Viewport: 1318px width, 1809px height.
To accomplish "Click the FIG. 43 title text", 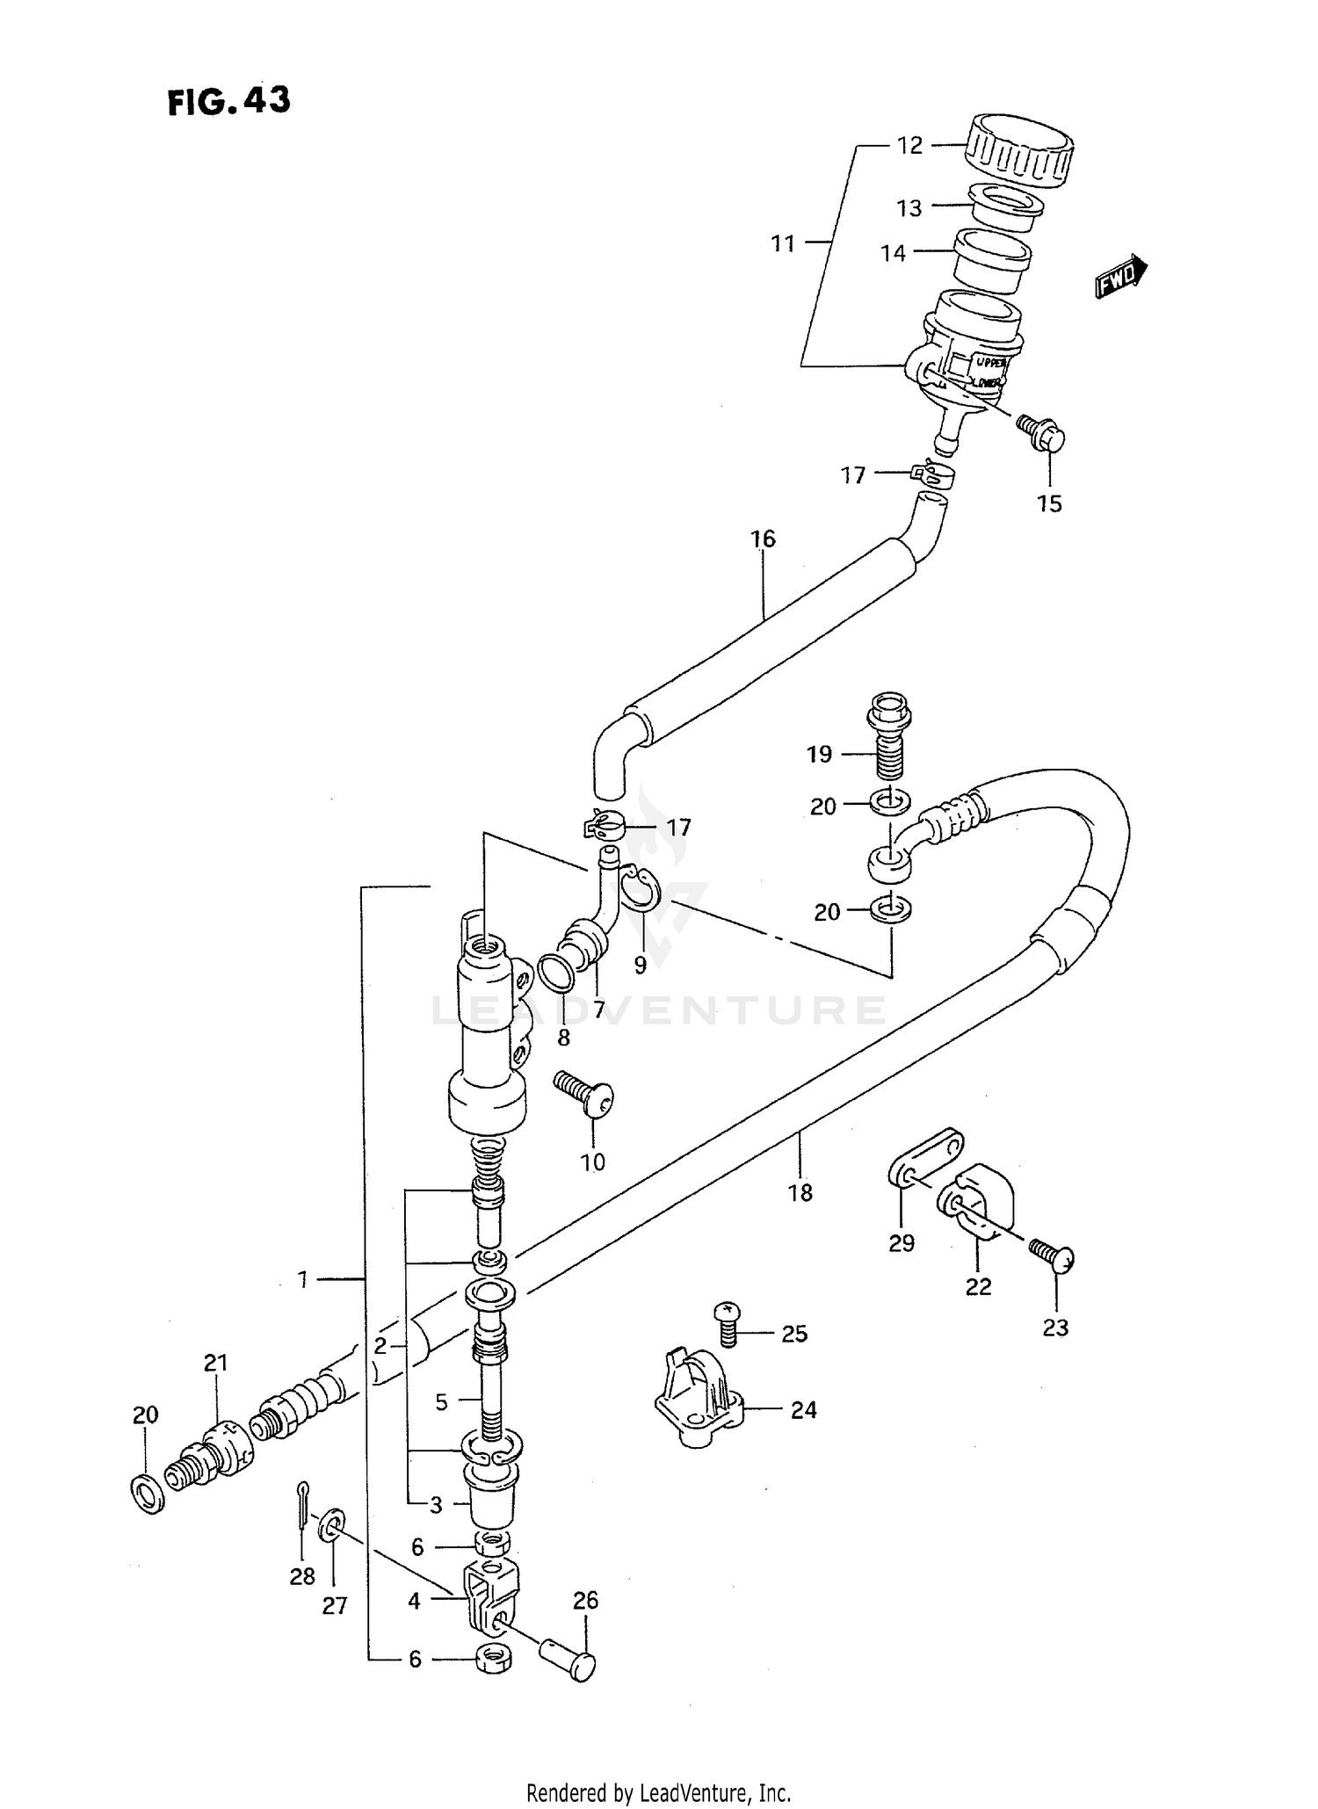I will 228,102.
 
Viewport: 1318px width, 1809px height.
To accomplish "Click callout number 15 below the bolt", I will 1049,503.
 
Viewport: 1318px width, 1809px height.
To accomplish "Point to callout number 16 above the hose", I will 763,539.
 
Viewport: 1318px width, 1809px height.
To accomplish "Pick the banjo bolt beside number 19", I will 889,736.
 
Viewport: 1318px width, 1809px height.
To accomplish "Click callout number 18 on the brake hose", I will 800,1192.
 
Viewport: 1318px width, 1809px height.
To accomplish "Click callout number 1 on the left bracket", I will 302,1280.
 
